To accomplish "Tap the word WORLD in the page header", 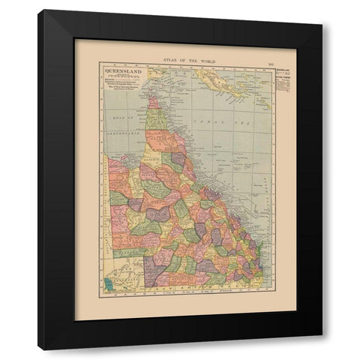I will [x=202, y=60].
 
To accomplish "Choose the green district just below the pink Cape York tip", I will [x=157, y=118].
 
